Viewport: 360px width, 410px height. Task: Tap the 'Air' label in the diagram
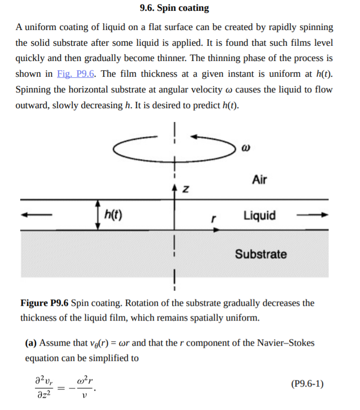point(259,180)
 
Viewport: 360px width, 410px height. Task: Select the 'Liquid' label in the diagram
point(260,215)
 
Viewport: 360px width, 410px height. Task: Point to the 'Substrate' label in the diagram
point(261,254)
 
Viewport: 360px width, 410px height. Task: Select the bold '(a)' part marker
point(31,343)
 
